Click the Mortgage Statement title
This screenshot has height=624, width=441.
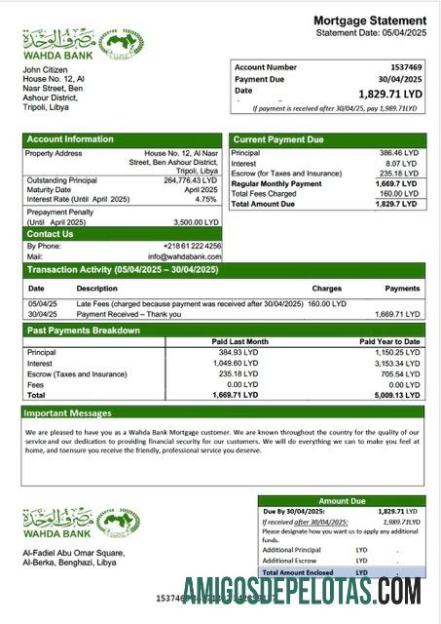[x=369, y=20]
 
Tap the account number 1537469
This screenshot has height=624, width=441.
[x=403, y=67]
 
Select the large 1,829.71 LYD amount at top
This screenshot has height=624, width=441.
[x=391, y=94]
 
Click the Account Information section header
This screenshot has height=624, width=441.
[x=70, y=139]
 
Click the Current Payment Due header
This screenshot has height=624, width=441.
[x=278, y=139]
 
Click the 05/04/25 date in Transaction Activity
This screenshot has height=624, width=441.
[x=43, y=304]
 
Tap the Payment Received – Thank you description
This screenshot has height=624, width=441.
[x=128, y=315]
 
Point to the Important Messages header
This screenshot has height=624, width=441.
[x=69, y=413]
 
